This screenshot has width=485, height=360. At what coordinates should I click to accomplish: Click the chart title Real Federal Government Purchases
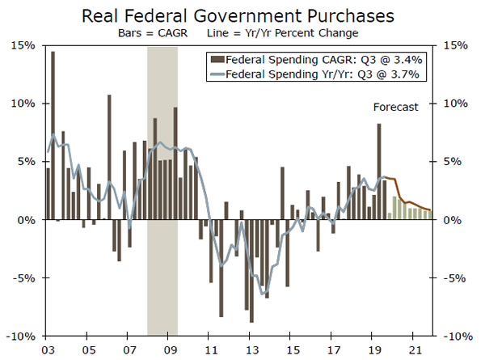242,15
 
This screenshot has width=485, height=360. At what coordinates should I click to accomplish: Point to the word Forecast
395,107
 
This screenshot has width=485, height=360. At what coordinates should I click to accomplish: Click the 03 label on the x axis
47,351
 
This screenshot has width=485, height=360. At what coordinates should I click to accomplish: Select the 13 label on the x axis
251,351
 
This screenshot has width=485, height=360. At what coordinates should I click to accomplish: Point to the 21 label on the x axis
414,351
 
